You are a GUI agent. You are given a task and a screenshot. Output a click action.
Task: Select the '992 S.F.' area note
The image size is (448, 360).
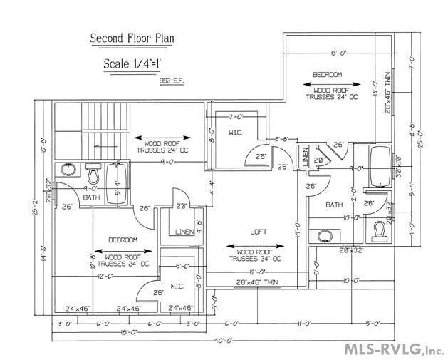tap(173, 81)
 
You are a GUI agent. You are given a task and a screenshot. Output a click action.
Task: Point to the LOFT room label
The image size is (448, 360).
tap(258, 232)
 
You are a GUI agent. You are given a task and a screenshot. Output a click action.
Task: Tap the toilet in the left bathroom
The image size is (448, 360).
tap(93, 173)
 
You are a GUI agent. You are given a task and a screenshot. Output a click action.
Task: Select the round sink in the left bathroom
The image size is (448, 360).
tap(69, 170)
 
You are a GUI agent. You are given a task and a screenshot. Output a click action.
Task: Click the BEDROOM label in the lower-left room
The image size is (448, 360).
tap(123, 240)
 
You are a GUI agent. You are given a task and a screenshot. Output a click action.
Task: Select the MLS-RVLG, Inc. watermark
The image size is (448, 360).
tap(394, 349)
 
